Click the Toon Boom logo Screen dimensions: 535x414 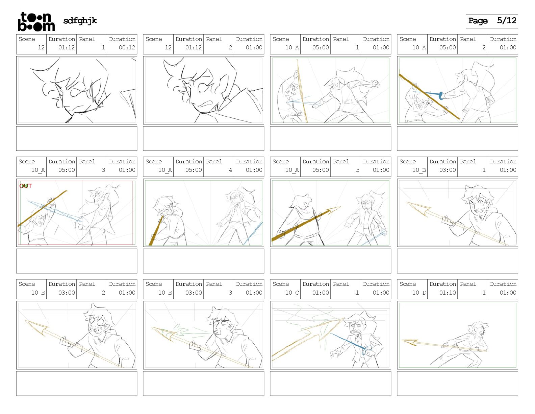pyautogui.click(x=36, y=22)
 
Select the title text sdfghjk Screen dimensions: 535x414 pyautogui.click(x=80, y=21)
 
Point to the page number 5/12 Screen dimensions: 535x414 pyautogui.click(x=507, y=21)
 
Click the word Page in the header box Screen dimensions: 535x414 pyautogui.click(x=478, y=21)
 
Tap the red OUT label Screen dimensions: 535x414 pyautogui.click(x=26, y=186)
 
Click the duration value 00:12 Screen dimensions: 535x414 pyautogui.click(x=127, y=47)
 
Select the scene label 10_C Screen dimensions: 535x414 pyautogui.click(x=292, y=293)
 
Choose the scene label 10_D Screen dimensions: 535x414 pyautogui.click(x=419, y=293)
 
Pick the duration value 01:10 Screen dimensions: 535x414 pyautogui.click(x=448, y=293)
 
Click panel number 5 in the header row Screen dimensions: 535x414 pyautogui.click(x=357, y=170)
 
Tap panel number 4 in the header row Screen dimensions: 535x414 pyautogui.click(x=230, y=170)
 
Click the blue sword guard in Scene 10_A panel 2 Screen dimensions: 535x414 pyautogui.click(x=441, y=96)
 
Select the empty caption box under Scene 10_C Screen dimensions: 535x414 pyautogui.click(x=330, y=384)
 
